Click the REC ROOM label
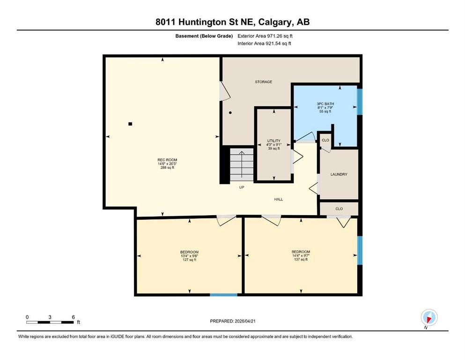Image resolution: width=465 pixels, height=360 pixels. click(x=167, y=160)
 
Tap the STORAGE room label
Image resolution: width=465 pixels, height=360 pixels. click(x=263, y=82)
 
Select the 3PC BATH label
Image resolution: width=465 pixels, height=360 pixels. click(x=325, y=104)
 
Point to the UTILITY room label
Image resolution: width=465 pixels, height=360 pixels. click(x=274, y=141)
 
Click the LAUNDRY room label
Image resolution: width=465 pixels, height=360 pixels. click(x=339, y=174)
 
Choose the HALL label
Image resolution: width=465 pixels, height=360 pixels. click(x=279, y=199)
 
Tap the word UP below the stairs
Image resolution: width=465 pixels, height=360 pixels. click(x=242, y=187)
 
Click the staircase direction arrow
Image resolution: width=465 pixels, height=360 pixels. click(x=242, y=164)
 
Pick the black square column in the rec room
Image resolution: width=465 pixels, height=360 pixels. click(x=130, y=124)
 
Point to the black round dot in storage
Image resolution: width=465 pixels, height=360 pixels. click(x=230, y=113)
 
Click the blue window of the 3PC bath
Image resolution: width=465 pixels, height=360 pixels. click(x=360, y=102)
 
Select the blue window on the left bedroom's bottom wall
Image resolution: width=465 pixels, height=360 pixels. click(x=224, y=295)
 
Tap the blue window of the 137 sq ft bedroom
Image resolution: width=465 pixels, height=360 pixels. click(x=360, y=250)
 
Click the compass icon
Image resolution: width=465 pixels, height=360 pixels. click(x=429, y=318)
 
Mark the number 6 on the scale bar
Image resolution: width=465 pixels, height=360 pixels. click(x=73, y=317)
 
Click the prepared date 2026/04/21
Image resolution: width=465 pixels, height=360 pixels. click(x=245, y=321)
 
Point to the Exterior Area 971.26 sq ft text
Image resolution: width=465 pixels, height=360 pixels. click(x=265, y=36)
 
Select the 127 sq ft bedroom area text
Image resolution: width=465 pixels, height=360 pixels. click(x=190, y=260)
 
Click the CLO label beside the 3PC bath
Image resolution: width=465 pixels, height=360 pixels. click(x=325, y=140)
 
